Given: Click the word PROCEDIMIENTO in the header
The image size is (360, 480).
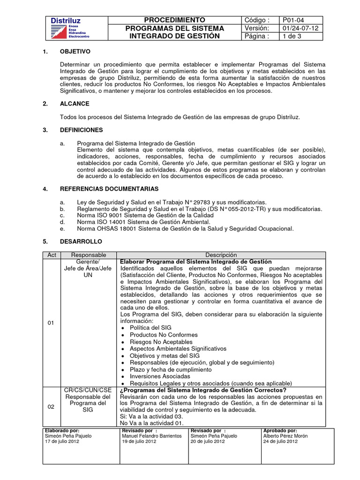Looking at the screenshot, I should (x=174, y=20).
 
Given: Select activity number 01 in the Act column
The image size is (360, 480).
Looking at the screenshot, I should (x=51, y=323).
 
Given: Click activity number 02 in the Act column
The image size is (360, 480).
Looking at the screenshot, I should (x=51, y=406).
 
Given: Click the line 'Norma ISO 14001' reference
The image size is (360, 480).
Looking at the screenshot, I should (x=144, y=222).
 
